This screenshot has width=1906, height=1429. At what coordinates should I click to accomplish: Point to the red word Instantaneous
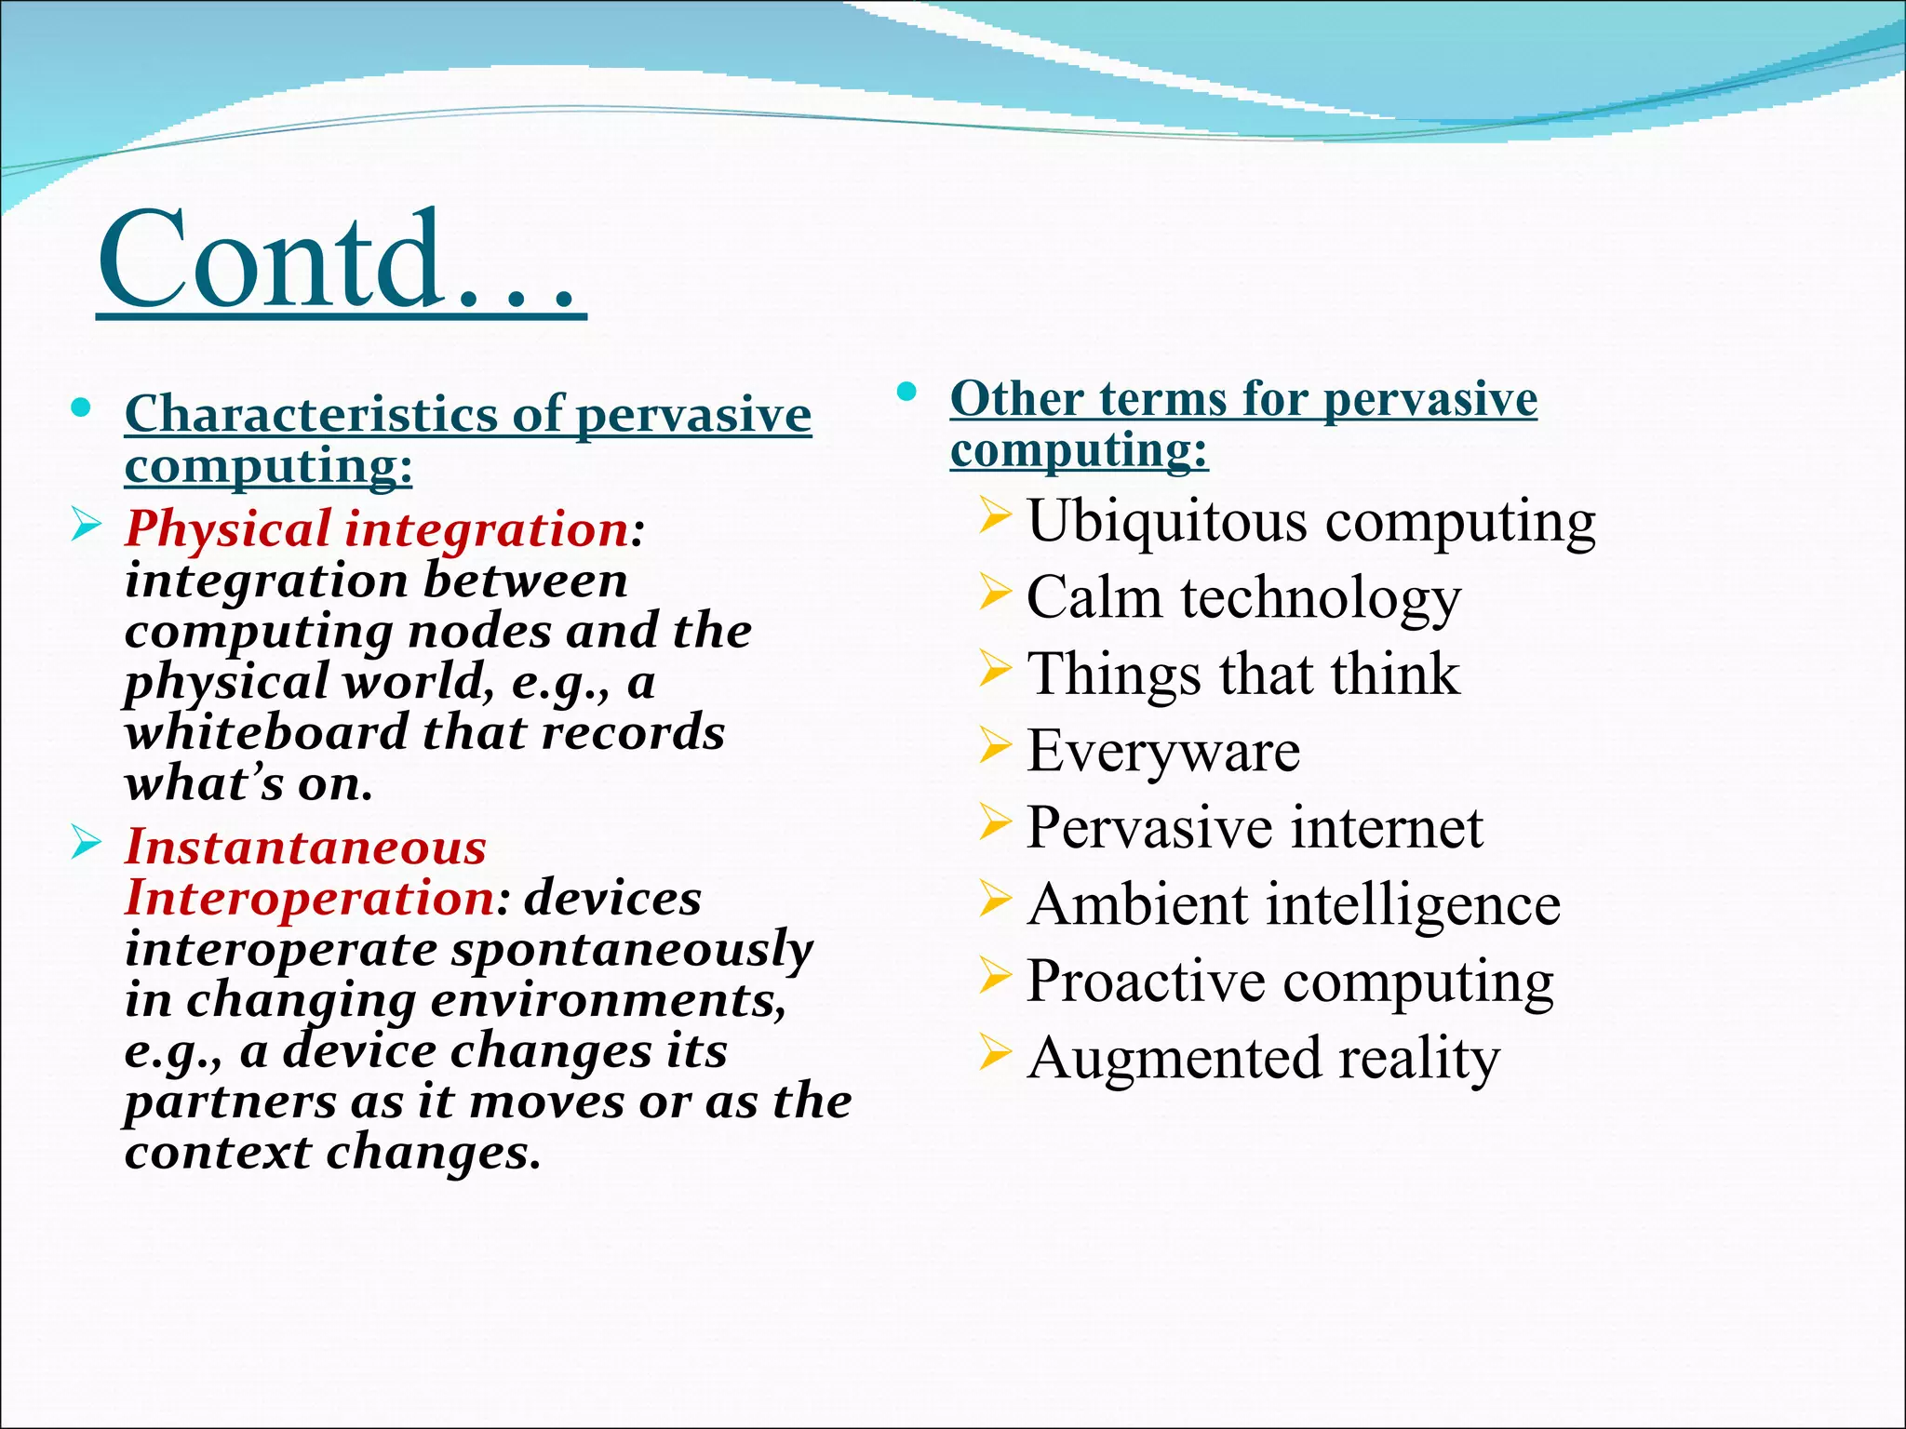click(306, 848)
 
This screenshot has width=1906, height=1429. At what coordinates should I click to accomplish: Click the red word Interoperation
click(310, 899)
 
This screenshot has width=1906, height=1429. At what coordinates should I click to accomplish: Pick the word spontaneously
click(633, 950)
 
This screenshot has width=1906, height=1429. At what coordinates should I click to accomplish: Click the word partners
click(230, 1102)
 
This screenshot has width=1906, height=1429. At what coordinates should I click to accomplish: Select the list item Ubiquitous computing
click(1310, 521)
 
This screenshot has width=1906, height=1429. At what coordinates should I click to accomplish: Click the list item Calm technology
click(1243, 597)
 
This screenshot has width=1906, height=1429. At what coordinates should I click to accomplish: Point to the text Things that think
click(1243, 674)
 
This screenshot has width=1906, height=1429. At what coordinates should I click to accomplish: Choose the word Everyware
click(1163, 751)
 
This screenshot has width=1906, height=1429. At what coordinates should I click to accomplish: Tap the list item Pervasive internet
click(1255, 827)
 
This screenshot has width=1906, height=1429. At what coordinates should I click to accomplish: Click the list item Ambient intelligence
click(1294, 904)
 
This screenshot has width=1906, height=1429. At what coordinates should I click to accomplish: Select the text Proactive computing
click(1290, 982)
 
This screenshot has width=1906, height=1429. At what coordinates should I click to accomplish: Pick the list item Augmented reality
click(1263, 1059)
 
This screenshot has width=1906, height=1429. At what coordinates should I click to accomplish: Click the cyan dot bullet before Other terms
click(907, 392)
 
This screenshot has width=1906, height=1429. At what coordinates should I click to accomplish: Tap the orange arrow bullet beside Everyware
click(994, 746)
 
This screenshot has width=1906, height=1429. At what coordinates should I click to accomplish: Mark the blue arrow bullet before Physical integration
click(86, 526)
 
